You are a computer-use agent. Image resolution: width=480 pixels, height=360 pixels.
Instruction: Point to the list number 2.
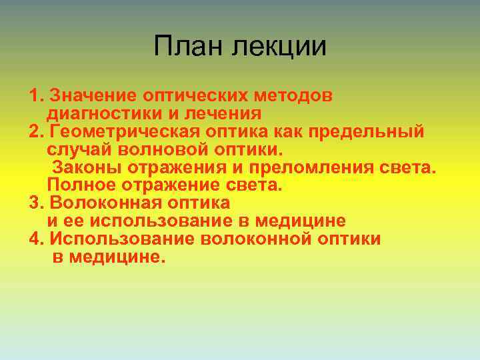coord(36,131)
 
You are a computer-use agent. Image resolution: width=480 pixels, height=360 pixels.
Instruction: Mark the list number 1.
coord(36,95)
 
